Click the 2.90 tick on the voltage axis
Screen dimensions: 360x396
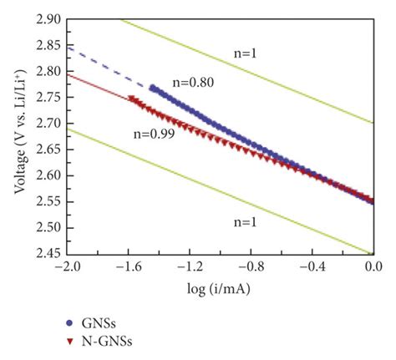click(51, 18)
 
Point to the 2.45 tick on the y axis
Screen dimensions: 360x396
click(51, 253)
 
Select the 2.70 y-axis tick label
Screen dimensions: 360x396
click(51, 123)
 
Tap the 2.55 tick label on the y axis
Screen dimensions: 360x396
click(51, 201)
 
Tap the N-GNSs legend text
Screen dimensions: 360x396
click(107, 340)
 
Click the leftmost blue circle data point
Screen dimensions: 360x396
click(152, 87)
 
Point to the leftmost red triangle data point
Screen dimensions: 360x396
click(130, 98)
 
